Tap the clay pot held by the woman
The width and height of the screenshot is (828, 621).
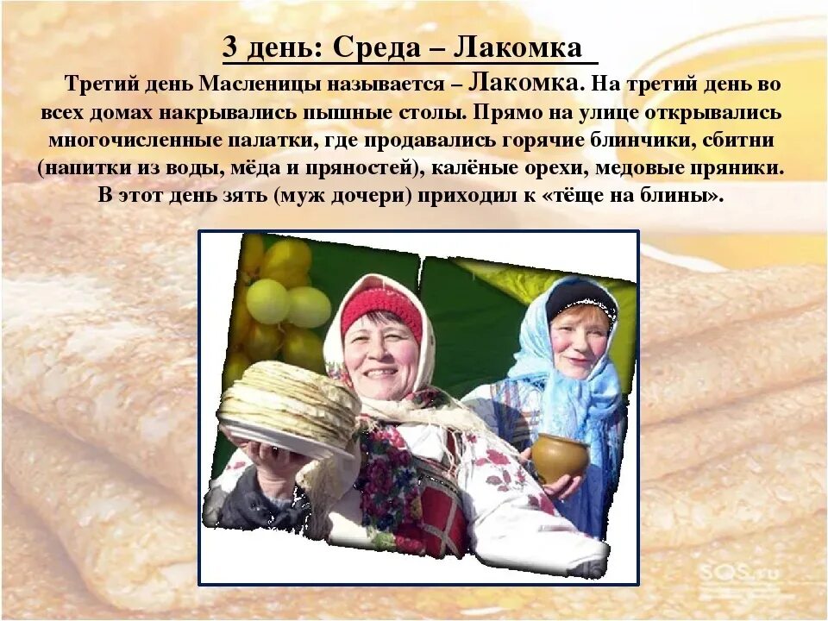coord(559,456)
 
